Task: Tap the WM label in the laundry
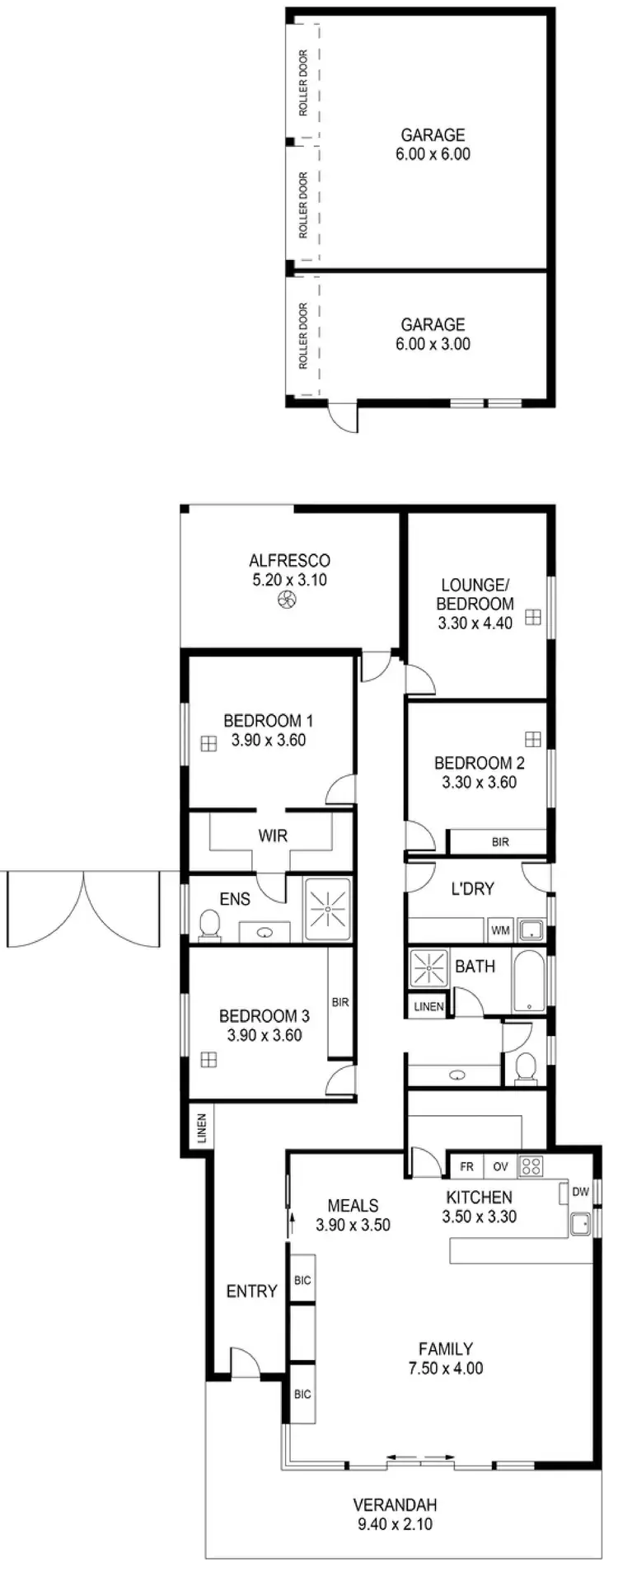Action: click(500, 930)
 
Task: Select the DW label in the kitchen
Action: click(580, 1191)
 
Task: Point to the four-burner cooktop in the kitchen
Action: click(531, 1166)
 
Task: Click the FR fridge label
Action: click(466, 1166)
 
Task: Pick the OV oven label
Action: click(500, 1166)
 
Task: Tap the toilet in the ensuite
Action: click(210, 925)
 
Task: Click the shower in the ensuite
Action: click(327, 910)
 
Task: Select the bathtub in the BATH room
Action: click(527, 981)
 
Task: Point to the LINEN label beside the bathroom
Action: click(428, 1006)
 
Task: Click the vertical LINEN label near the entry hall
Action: click(201, 1129)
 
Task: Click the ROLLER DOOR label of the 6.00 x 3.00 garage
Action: click(303, 336)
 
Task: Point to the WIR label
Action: click(273, 835)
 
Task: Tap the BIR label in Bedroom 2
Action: click(499, 842)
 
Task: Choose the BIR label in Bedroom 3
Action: click(340, 1002)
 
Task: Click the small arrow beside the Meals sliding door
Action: click(290, 1223)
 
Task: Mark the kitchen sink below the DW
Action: click(580, 1223)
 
